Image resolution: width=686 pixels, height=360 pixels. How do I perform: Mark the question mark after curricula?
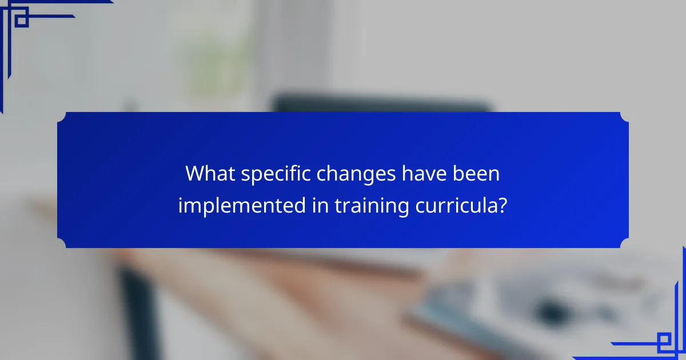[x=501, y=205]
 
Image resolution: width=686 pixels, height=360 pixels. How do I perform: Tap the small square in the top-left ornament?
[x=21, y=21]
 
